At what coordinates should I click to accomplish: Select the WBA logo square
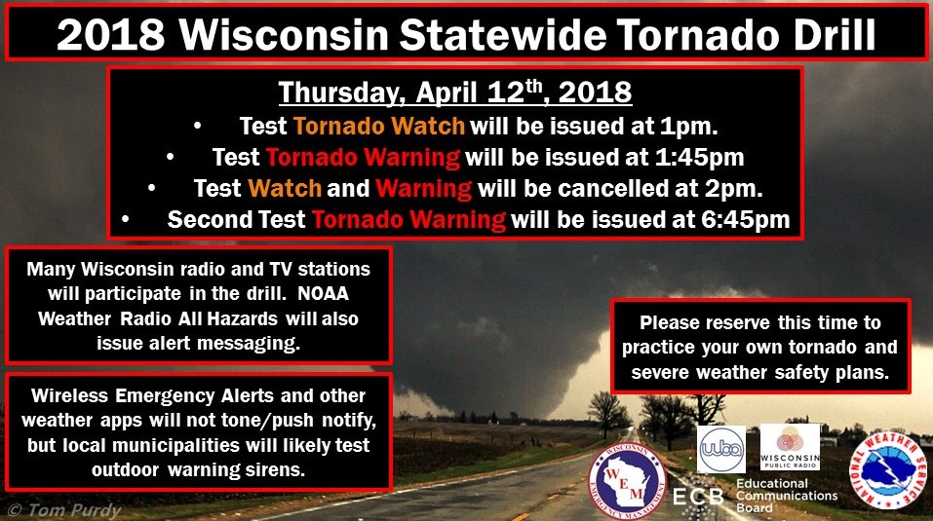[x=721, y=449]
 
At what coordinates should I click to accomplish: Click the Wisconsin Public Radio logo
[x=791, y=447]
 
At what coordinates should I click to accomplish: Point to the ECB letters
[x=698, y=496]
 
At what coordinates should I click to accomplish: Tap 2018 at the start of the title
[x=111, y=34]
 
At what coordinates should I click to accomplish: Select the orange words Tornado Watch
[x=379, y=126]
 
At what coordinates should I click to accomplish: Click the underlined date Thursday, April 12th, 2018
[x=455, y=93]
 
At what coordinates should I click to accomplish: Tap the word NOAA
[x=323, y=293]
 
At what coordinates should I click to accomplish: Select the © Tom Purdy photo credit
[x=63, y=509]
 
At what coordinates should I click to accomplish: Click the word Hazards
[x=244, y=318]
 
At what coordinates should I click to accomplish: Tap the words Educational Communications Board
[x=787, y=496]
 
